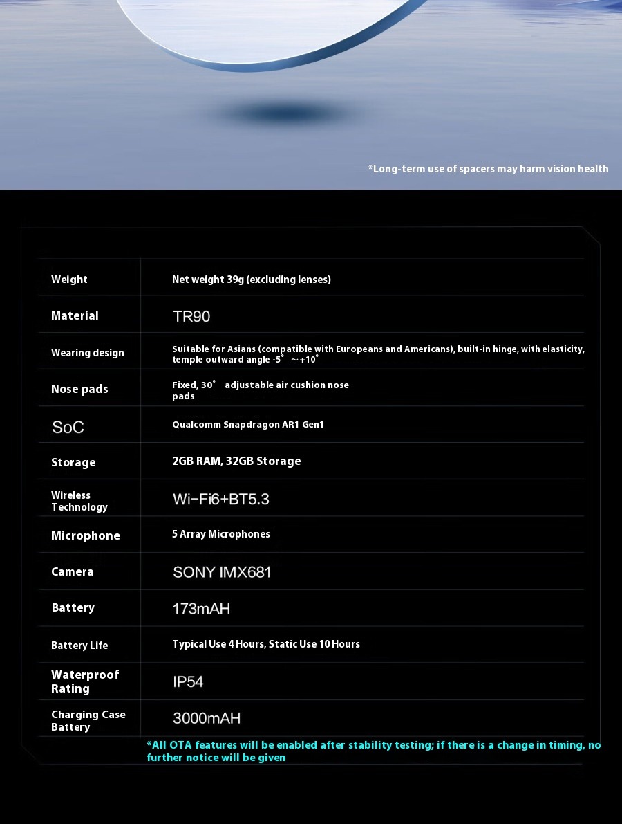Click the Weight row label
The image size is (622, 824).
pos(69,280)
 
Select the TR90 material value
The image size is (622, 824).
pos(191,317)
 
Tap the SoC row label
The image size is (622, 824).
pos(68,427)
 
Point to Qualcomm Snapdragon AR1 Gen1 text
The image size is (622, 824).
pos(247,425)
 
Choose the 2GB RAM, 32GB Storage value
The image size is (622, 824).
pos(236,461)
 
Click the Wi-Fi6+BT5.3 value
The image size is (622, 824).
pos(220,499)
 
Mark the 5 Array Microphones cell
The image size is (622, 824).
pos(221,534)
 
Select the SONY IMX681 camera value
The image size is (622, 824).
pos(222,572)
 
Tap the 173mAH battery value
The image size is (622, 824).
pos(201,609)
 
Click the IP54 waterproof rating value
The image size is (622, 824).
pos(188,682)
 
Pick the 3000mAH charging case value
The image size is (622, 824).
pos(207,718)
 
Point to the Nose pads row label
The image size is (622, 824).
pos(79,389)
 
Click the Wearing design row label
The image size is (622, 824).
pos(88,353)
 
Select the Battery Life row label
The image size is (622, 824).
pos(79,646)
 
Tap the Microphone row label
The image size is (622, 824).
pos(86,535)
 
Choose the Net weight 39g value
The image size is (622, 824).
pos(252,280)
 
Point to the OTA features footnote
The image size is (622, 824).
pos(373,751)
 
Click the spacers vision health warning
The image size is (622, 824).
pos(488,169)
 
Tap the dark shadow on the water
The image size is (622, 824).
pos(280,113)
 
